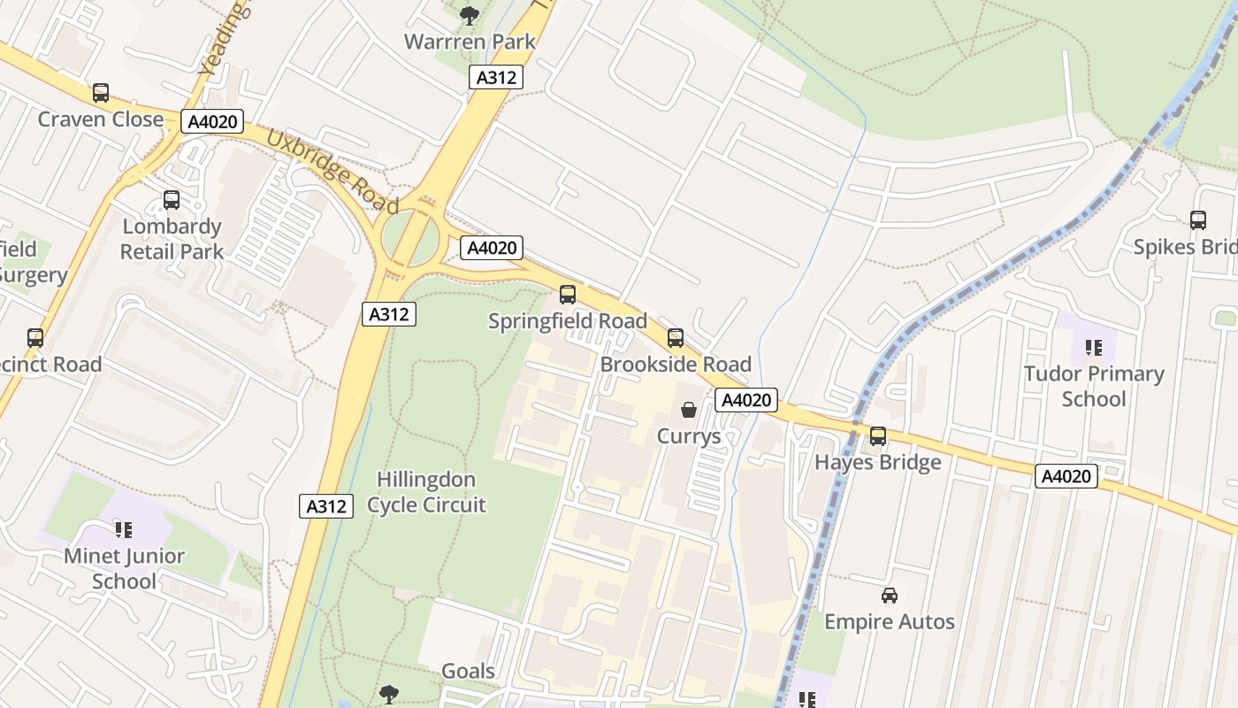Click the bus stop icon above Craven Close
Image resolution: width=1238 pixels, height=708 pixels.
[x=101, y=93]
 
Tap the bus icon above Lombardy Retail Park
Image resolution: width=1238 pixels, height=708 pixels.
[x=172, y=200]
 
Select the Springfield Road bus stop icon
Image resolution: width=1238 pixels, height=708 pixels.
[x=568, y=295]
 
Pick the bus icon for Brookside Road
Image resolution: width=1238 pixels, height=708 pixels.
[x=676, y=338]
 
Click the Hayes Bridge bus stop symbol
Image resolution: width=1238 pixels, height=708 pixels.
[x=878, y=436]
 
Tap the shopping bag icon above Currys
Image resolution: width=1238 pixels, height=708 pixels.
[x=689, y=410]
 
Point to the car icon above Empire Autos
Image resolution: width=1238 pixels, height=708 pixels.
[x=890, y=596]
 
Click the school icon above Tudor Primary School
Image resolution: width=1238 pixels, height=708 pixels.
[x=1094, y=348]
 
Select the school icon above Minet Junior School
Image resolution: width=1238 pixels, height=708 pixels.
[x=124, y=530]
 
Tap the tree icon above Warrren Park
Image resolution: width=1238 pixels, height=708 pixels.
[x=470, y=15]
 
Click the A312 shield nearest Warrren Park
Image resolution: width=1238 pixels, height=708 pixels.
[x=495, y=77]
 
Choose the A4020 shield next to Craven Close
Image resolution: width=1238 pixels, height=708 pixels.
[x=212, y=121]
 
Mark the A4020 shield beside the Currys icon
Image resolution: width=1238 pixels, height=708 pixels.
[x=746, y=400]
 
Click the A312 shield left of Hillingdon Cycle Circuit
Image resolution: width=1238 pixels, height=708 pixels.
[x=325, y=506]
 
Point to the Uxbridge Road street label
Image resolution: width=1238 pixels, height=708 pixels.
[x=332, y=173]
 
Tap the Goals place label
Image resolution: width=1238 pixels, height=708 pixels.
[x=468, y=671]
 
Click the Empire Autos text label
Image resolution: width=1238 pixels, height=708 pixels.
[x=890, y=621]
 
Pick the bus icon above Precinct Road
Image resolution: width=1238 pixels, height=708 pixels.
[x=35, y=338]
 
